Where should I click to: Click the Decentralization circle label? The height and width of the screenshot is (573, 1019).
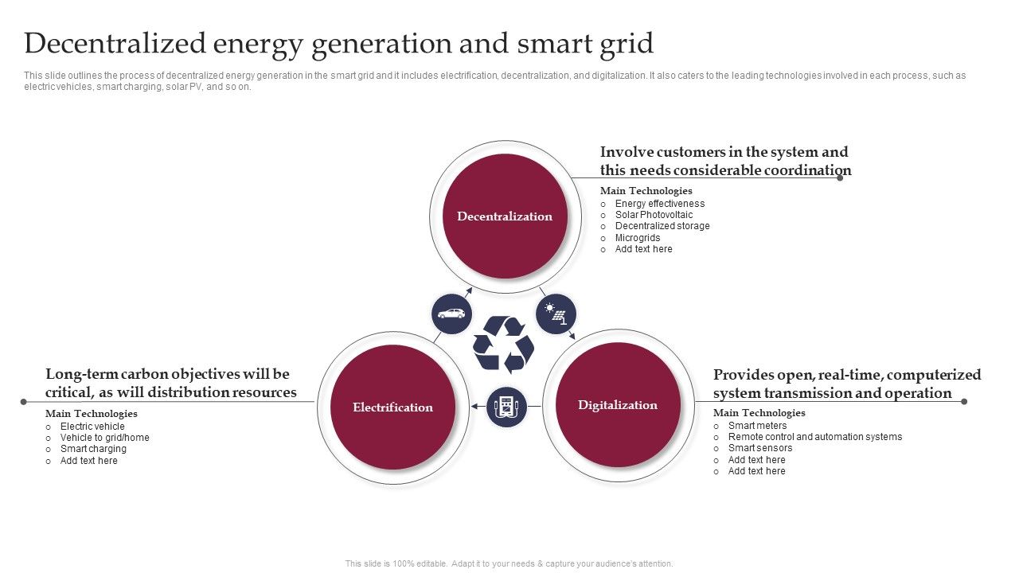tap(505, 216)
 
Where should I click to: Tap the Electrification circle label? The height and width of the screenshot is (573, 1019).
tap(392, 407)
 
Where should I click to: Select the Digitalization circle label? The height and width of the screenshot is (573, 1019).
tap(617, 405)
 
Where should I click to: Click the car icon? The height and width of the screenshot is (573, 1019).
tap(451, 314)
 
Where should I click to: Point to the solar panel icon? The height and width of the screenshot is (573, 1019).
tap(556, 314)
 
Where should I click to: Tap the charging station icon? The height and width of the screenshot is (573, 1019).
tap(506, 407)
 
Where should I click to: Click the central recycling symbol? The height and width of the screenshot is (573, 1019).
tap(504, 345)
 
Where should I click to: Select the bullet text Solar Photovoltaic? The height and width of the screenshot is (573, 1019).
tap(654, 215)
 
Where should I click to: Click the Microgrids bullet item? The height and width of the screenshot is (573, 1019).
tap(638, 238)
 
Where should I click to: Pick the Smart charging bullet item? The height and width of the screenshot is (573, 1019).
tap(93, 449)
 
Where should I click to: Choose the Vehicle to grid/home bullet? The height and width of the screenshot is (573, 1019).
tap(104, 438)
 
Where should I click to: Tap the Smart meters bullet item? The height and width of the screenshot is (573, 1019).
tap(757, 426)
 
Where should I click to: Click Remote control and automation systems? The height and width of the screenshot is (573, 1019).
tap(815, 437)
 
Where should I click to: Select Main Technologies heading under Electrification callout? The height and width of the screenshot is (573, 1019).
tap(92, 414)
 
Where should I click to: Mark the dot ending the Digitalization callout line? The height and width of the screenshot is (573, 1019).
tap(964, 402)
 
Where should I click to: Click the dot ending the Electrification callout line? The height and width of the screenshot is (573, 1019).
tap(24, 402)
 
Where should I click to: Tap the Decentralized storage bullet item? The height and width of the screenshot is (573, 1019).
tap(662, 226)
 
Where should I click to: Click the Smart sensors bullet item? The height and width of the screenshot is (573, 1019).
tap(760, 448)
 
